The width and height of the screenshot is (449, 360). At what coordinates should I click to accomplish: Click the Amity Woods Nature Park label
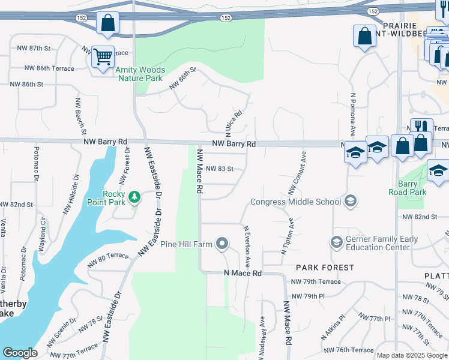coord(140,74)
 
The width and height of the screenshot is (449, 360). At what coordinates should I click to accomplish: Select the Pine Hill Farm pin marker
coord(223,244)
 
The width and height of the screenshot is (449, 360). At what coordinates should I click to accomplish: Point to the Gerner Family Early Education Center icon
coord(336,243)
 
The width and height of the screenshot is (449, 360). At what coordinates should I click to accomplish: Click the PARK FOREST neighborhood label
coord(325,267)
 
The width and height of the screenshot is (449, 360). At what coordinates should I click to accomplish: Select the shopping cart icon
coord(103,57)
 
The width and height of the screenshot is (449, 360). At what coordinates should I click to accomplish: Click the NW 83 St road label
coord(219,169)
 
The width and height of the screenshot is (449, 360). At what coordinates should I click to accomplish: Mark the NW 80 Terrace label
coord(108,259)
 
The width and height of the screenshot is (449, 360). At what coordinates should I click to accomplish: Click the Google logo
coord(20,353)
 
